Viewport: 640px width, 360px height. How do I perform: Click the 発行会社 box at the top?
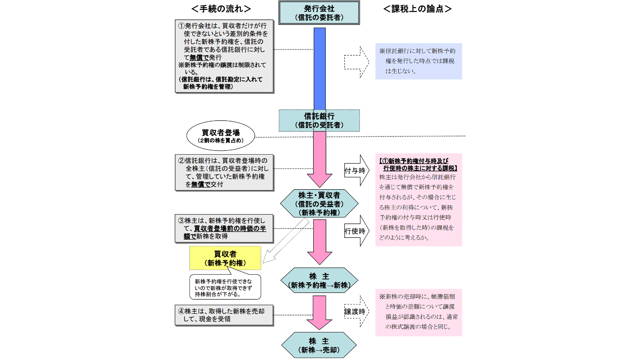coord(319,12)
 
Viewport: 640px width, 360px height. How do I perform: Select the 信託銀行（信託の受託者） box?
coord(320,120)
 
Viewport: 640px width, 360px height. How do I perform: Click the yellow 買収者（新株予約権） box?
coord(225,258)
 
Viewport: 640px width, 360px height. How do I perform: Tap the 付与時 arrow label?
coord(356,170)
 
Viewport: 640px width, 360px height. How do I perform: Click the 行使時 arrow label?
coord(356,231)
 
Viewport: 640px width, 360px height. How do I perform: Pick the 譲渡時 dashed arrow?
coord(356,312)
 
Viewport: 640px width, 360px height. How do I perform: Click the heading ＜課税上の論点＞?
coord(417,9)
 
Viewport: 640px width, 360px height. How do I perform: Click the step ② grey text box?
coord(224,172)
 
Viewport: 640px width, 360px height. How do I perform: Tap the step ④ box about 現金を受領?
coord(224,315)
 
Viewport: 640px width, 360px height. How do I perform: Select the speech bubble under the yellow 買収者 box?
coord(224,287)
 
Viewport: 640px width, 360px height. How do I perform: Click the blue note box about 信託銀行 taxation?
coord(418,61)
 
